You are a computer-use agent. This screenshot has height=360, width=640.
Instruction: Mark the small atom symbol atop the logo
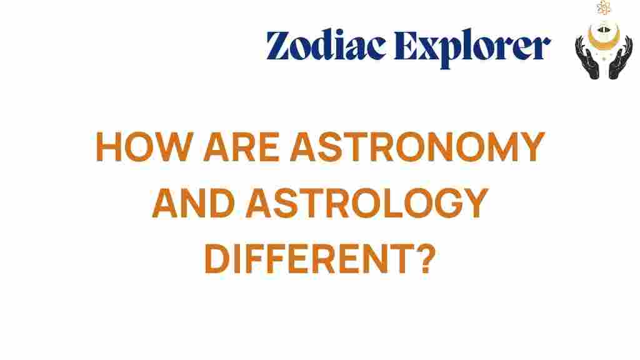click(604, 8)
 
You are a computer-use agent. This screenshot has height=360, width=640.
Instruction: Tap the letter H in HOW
click(110, 149)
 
